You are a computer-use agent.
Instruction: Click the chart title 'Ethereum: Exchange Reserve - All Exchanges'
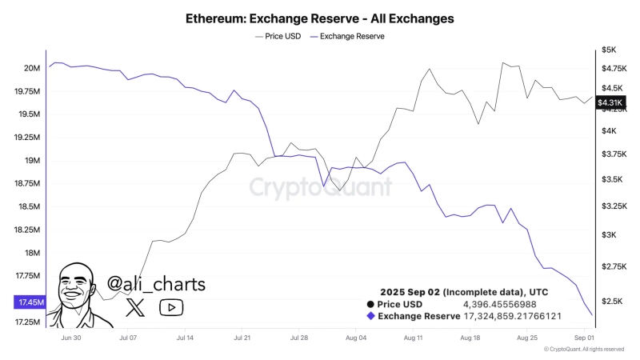[319, 17]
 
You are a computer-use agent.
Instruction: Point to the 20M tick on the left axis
[31, 68]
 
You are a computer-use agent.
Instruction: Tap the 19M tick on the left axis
[31, 161]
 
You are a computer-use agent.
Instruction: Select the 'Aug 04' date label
[356, 338]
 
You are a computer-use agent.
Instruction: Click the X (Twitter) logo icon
[136, 306]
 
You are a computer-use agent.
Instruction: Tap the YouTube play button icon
[171, 306]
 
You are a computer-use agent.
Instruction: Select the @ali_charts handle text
[156, 284]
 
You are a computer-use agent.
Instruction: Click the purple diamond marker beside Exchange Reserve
[370, 316]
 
